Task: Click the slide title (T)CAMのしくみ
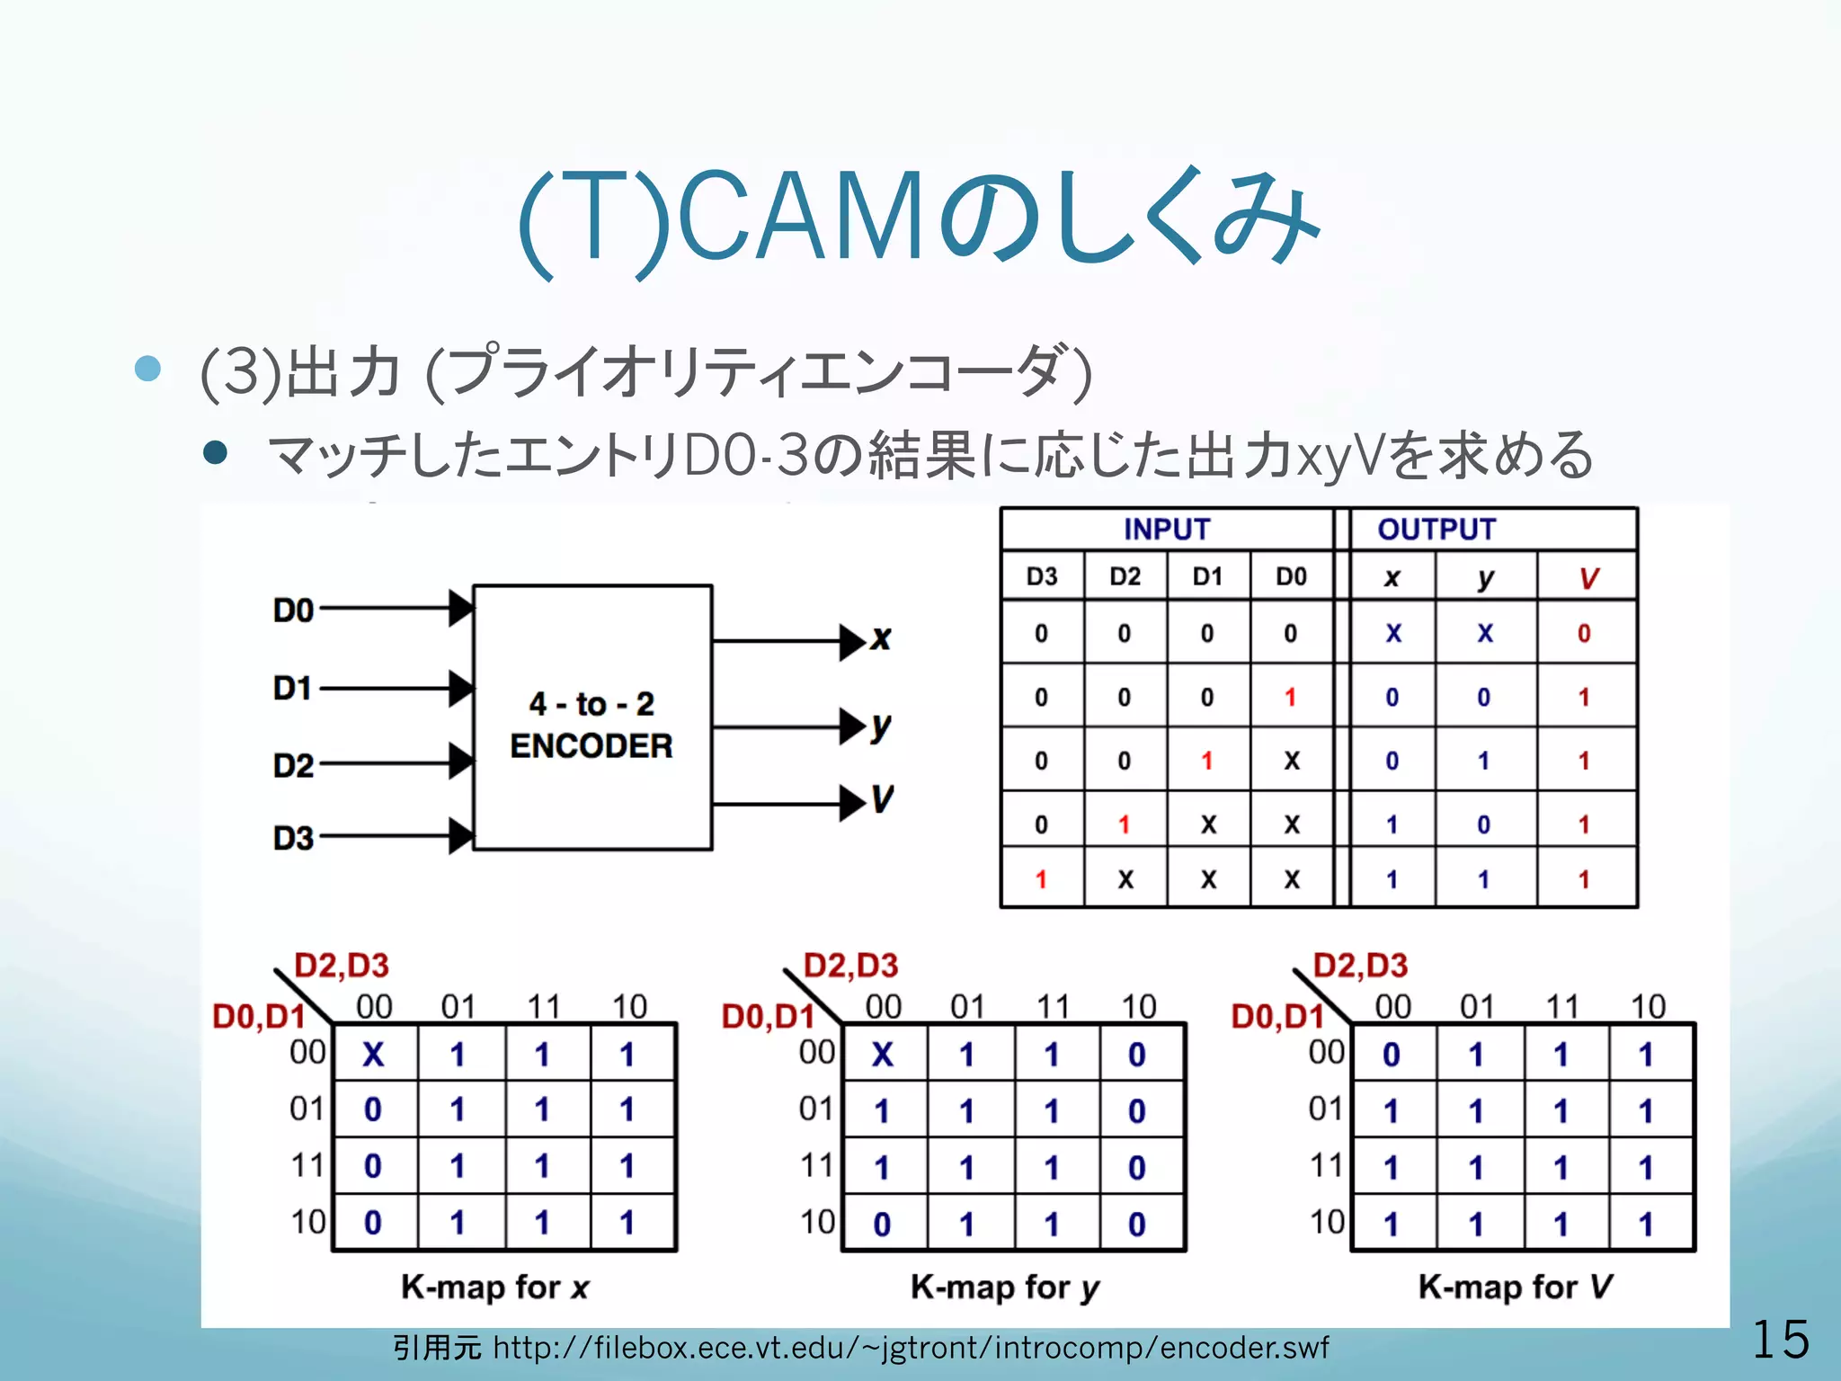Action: click(919, 220)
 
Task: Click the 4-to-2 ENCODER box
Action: click(592, 717)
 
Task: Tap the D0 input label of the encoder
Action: click(293, 611)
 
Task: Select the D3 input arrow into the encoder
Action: click(396, 836)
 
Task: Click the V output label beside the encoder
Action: click(883, 799)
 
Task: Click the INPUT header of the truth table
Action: click(1167, 530)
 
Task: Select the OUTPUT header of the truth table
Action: click(1436, 530)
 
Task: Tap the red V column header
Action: click(1588, 578)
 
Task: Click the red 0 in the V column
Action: click(1584, 634)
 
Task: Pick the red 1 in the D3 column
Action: click(1041, 879)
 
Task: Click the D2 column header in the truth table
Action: click(1125, 577)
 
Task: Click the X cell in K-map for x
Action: click(373, 1055)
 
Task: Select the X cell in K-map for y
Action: click(883, 1055)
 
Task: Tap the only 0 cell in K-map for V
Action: click(1392, 1055)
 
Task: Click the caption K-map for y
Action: click(1005, 1287)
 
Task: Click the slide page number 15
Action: click(1780, 1340)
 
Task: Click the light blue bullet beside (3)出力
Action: click(147, 369)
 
